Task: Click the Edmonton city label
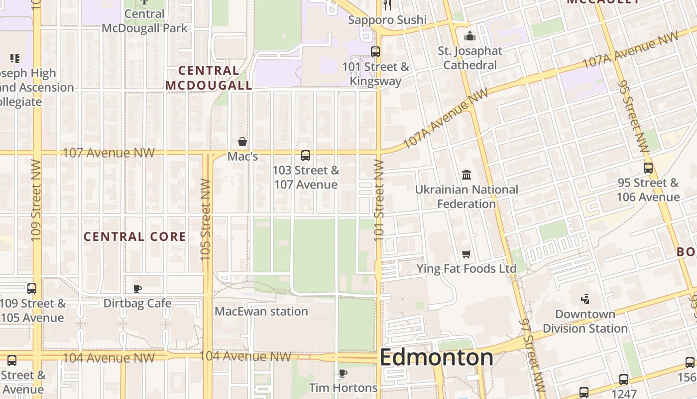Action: [x=436, y=358]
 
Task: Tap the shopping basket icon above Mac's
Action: [x=242, y=142]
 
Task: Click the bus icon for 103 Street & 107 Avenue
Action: [x=306, y=156]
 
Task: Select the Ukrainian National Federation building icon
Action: [x=467, y=175]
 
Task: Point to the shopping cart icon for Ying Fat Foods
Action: [x=466, y=254]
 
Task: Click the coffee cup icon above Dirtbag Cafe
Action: [x=137, y=288]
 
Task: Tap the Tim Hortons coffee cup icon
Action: [x=343, y=373]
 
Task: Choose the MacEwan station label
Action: [x=261, y=312]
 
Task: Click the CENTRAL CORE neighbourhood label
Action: [x=134, y=236]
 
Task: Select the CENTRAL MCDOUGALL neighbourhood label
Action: [x=209, y=78]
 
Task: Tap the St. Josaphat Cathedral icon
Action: [x=469, y=36]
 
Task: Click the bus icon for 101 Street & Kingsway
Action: [x=375, y=51]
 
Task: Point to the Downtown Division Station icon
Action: [x=585, y=299]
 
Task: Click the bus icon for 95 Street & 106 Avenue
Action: [x=648, y=168]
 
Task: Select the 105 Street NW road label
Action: [x=206, y=219]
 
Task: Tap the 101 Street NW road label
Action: [x=379, y=199]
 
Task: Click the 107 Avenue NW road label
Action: [x=109, y=153]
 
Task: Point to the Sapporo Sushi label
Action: [x=387, y=20]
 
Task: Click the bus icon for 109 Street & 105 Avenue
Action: [x=32, y=288]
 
